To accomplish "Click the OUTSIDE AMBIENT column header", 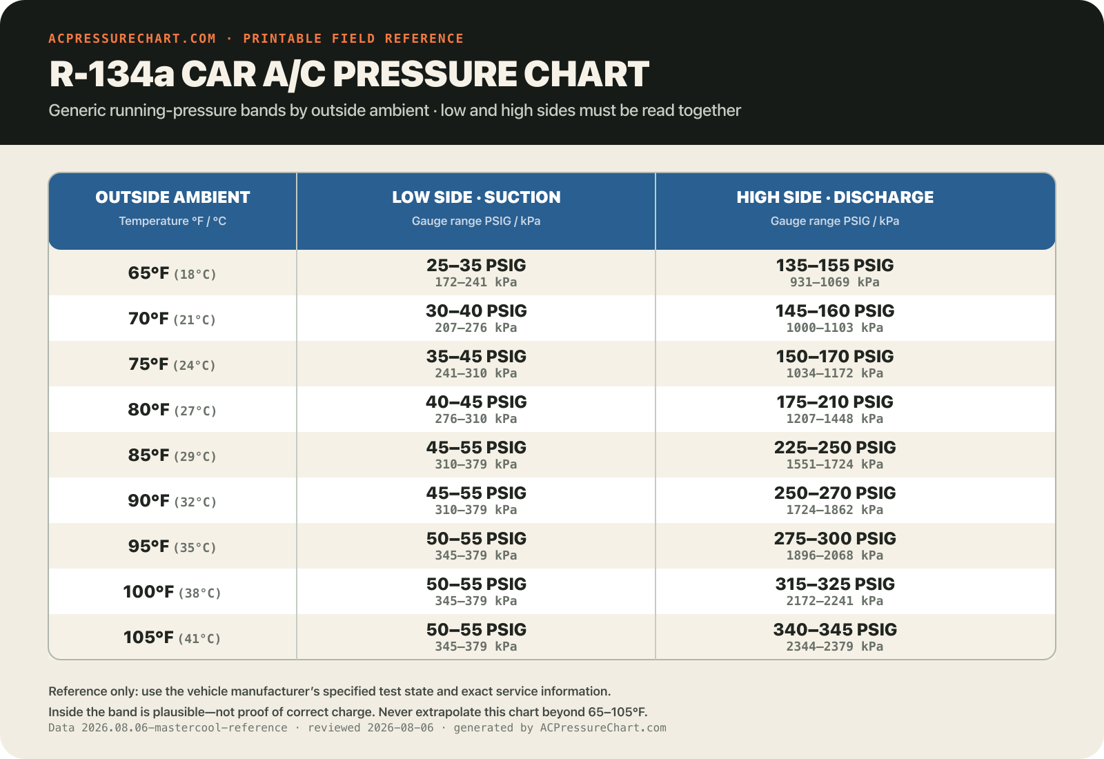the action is coord(172,197).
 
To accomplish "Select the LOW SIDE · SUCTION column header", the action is coord(476,197).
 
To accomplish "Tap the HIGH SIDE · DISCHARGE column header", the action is coord(835,197).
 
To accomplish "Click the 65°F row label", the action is coord(148,273).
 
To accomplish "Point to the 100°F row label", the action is coord(148,591).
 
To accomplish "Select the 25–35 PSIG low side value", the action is coord(476,265).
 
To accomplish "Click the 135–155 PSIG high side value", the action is coord(835,265).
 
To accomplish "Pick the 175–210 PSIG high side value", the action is coord(835,402).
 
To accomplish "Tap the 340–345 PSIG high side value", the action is coord(835,629).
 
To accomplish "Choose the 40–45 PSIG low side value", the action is coord(476,402).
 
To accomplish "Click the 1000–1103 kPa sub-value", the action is coord(835,328).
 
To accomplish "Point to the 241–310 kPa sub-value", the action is coord(476,373).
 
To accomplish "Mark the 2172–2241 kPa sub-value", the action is coord(835,601).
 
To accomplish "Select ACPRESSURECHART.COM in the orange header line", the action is coord(132,39).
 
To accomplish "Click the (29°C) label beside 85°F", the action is coord(195,456).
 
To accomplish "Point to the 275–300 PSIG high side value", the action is coord(835,538).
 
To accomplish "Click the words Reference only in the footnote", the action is coord(92,691).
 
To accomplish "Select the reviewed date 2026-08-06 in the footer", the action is coord(400,728).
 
